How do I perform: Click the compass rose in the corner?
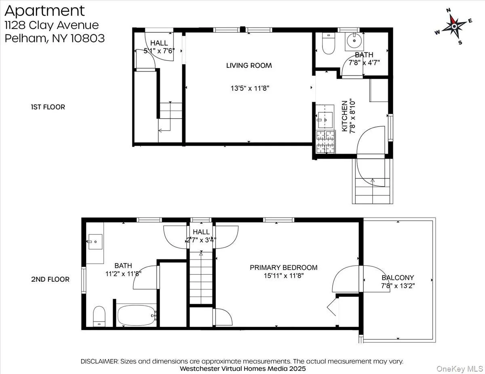pos(454,26)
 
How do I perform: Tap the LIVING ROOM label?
pos(249,65)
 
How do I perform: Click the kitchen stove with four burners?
pos(326,142)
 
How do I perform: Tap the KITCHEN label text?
pos(345,116)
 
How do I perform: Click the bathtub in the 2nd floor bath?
pos(137,315)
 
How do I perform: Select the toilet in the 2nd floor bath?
pos(99,316)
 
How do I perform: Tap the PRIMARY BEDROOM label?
pos(283,267)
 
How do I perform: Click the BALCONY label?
pos(398,278)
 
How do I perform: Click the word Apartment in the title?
pos(45,10)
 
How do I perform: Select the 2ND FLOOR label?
pos(51,279)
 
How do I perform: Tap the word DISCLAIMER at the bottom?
pos(99,361)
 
